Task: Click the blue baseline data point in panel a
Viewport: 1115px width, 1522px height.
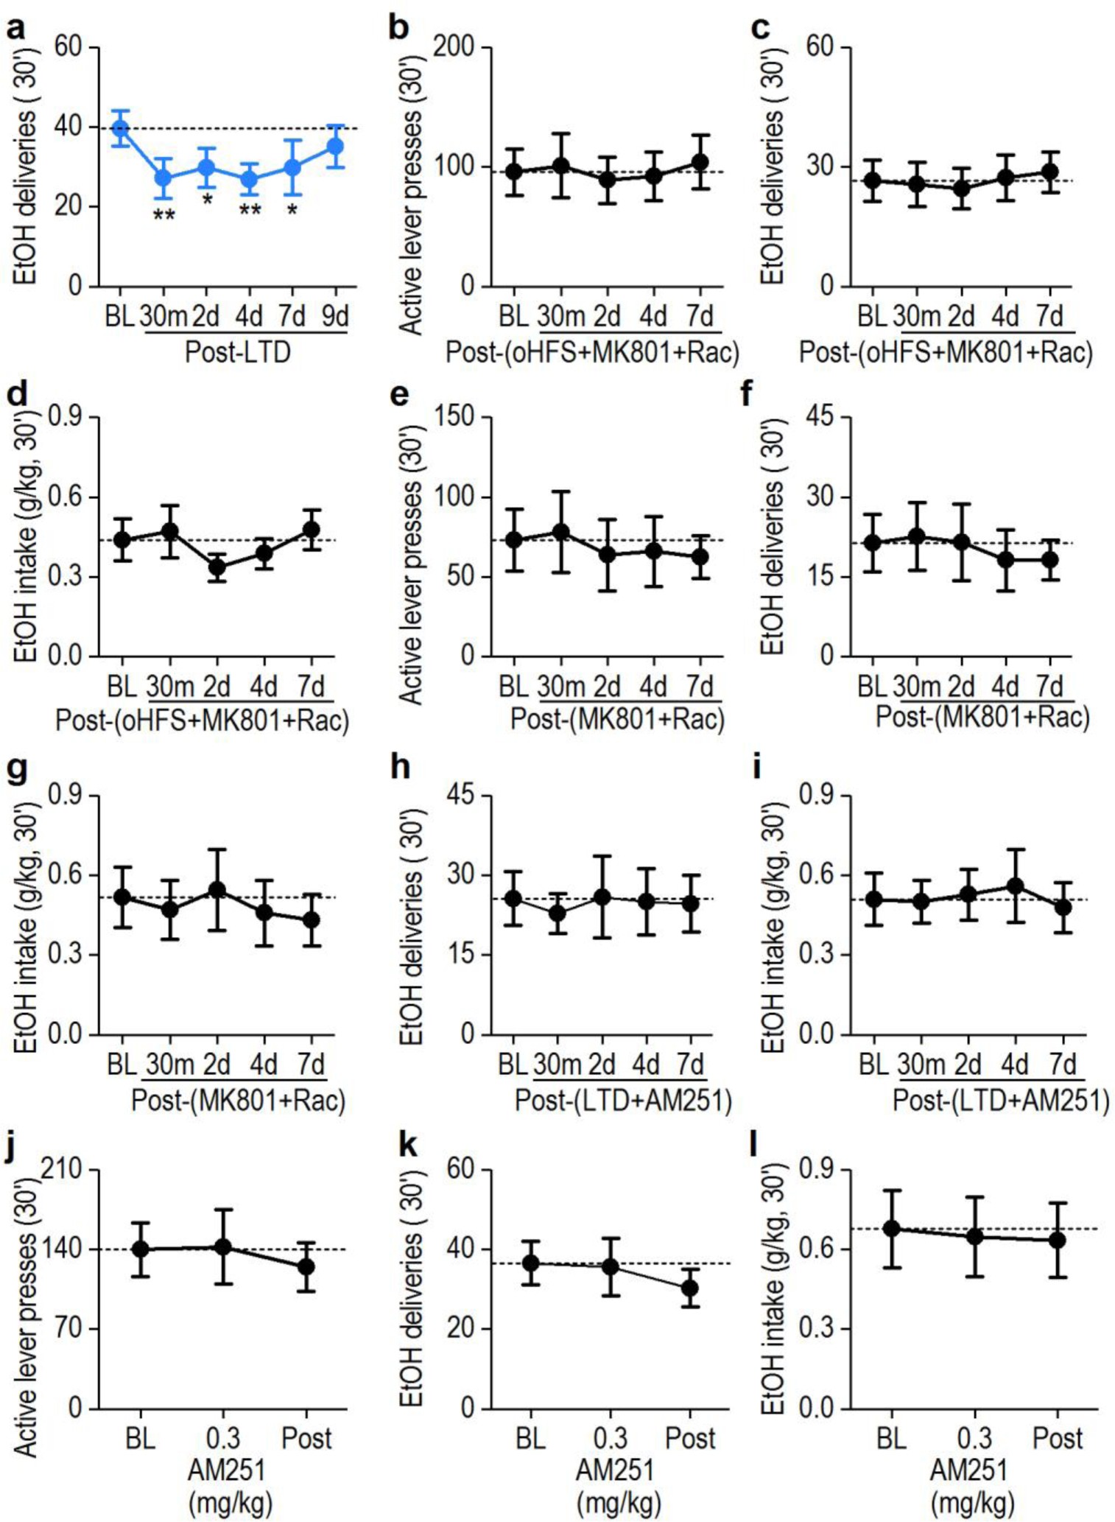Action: pyautogui.click(x=119, y=129)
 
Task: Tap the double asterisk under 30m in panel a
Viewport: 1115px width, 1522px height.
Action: pyautogui.click(x=163, y=216)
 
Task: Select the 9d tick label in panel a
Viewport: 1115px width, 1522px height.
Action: pyautogui.click(x=336, y=316)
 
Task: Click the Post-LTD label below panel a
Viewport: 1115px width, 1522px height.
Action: pyautogui.click(x=237, y=351)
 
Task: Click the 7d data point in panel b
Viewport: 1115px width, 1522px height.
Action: pyautogui.click(x=700, y=162)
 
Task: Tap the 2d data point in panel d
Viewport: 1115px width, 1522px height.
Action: pyautogui.click(x=217, y=567)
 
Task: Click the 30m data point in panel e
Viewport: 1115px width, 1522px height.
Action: pyautogui.click(x=561, y=531)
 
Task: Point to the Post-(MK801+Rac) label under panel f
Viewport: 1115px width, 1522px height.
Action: pyautogui.click(x=982, y=716)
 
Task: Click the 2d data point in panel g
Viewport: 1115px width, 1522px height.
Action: pyautogui.click(x=217, y=889)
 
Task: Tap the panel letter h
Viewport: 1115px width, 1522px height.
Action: pyautogui.click(x=400, y=768)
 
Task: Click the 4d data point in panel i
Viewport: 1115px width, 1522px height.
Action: pyautogui.click(x=1016, y=886)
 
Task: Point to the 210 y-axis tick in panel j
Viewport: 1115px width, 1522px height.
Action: pyautogui.click(x=65, y=1170)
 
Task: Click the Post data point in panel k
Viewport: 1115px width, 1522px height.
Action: pyautogui.click(x=690, y=1288)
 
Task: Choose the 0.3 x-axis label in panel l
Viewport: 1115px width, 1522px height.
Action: pyautogui.click(x=974, y=1437)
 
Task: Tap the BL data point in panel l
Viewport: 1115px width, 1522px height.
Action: pyautogui.click(x=892, y=1228)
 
